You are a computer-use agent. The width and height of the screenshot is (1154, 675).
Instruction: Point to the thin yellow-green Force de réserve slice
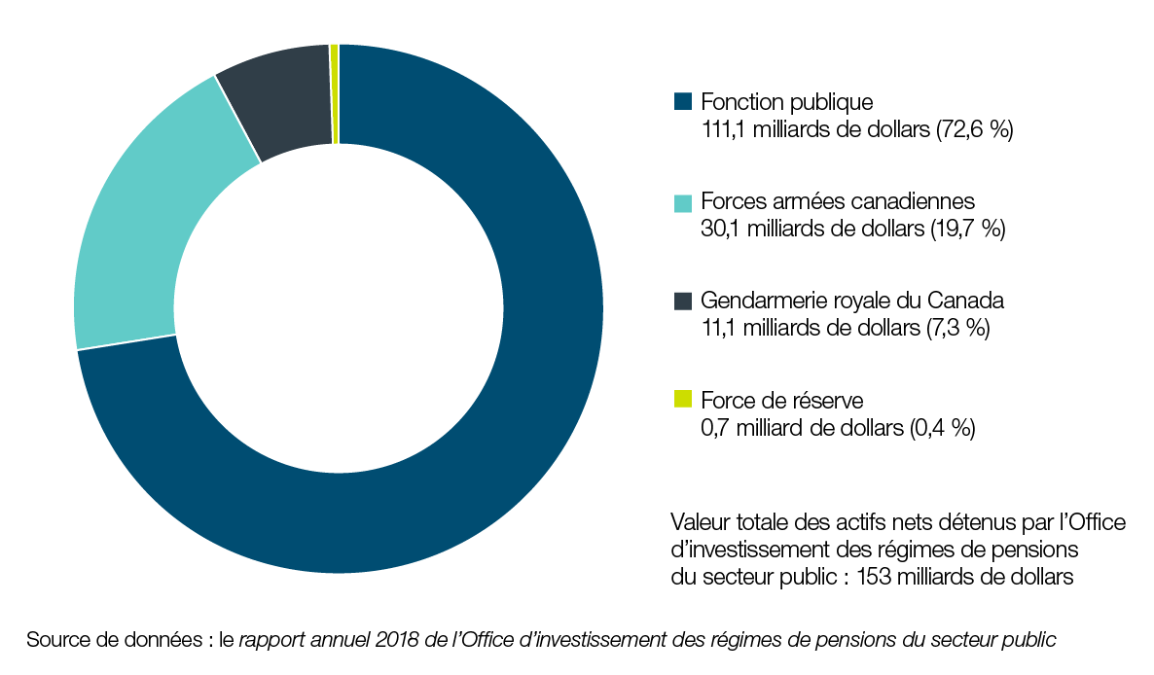335,93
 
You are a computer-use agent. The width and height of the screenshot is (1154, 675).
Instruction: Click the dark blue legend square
682,101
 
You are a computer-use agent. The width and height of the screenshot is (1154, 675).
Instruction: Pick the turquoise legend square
682,202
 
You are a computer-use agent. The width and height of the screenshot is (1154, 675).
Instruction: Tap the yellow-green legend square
682,400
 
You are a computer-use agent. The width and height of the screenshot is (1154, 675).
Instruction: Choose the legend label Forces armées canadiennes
838,202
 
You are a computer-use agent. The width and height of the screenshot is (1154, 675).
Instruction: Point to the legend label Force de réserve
782,400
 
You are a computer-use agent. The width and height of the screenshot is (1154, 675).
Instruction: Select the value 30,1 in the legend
718,230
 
